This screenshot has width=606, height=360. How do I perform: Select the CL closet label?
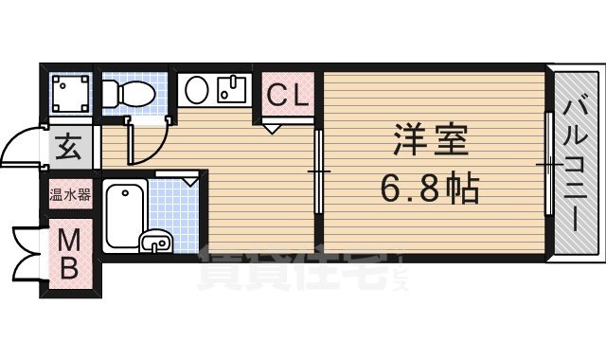point(286,95)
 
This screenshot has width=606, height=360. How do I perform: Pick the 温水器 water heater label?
point(70,196)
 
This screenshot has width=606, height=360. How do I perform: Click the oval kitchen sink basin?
point(197,91)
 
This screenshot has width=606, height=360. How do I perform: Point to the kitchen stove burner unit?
point(231,91)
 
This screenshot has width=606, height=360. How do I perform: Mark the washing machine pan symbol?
point(69,93)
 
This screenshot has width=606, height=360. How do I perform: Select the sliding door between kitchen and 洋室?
point(319,171)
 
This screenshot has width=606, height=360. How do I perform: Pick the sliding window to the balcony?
point(549,166)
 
